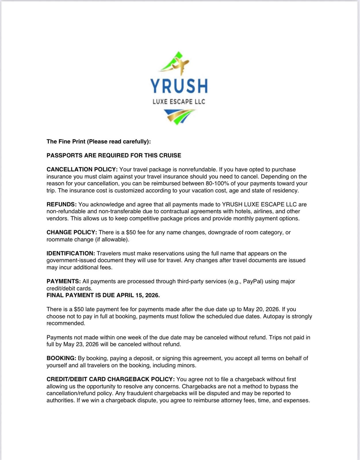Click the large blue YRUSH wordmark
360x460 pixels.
coord(179,86)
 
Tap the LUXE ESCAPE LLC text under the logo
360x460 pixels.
coord(179,102)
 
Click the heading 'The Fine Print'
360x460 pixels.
coord(99,142)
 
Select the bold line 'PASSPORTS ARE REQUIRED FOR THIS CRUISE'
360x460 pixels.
coord(114,155)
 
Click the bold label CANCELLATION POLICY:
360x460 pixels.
coord(82,169)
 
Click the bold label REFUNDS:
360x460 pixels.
coord(62,205)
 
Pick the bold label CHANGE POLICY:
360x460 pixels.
coord(72,232)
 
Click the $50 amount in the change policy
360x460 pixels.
coord(131,232)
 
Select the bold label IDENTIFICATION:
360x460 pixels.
coord(71,253)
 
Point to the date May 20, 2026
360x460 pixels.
coord(261,309)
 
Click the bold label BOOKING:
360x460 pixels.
coord(61,358)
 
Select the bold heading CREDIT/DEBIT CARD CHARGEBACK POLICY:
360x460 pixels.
coord(111,379)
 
